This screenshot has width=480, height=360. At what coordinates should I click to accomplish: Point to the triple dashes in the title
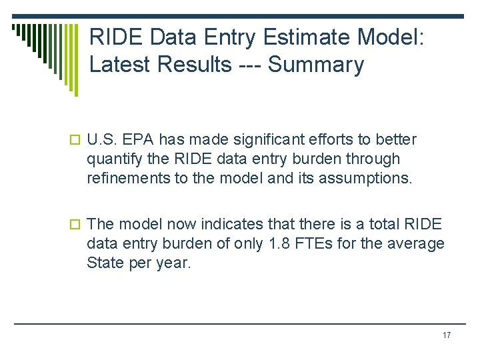click(253, 65)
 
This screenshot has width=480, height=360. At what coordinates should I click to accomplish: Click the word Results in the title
click(191, 65)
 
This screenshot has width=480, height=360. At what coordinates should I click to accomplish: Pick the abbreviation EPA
click(145, 139)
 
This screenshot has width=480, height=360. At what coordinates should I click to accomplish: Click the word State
click(103, 263)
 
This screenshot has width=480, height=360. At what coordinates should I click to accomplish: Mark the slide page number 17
click(446, 335)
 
